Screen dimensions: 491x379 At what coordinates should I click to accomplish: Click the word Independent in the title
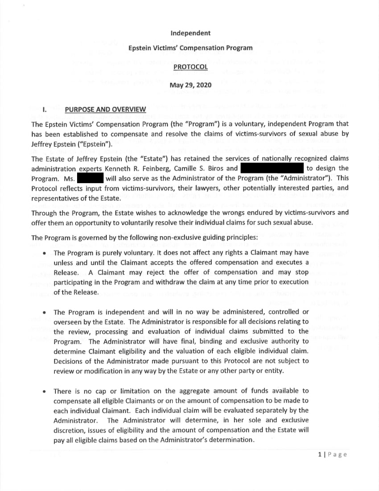[190, 33]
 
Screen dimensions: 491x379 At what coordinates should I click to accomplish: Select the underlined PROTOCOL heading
[190, 67]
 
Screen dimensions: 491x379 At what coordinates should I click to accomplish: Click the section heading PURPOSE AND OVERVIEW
[105, 110]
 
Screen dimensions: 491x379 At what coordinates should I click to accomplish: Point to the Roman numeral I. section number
[45, 110]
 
